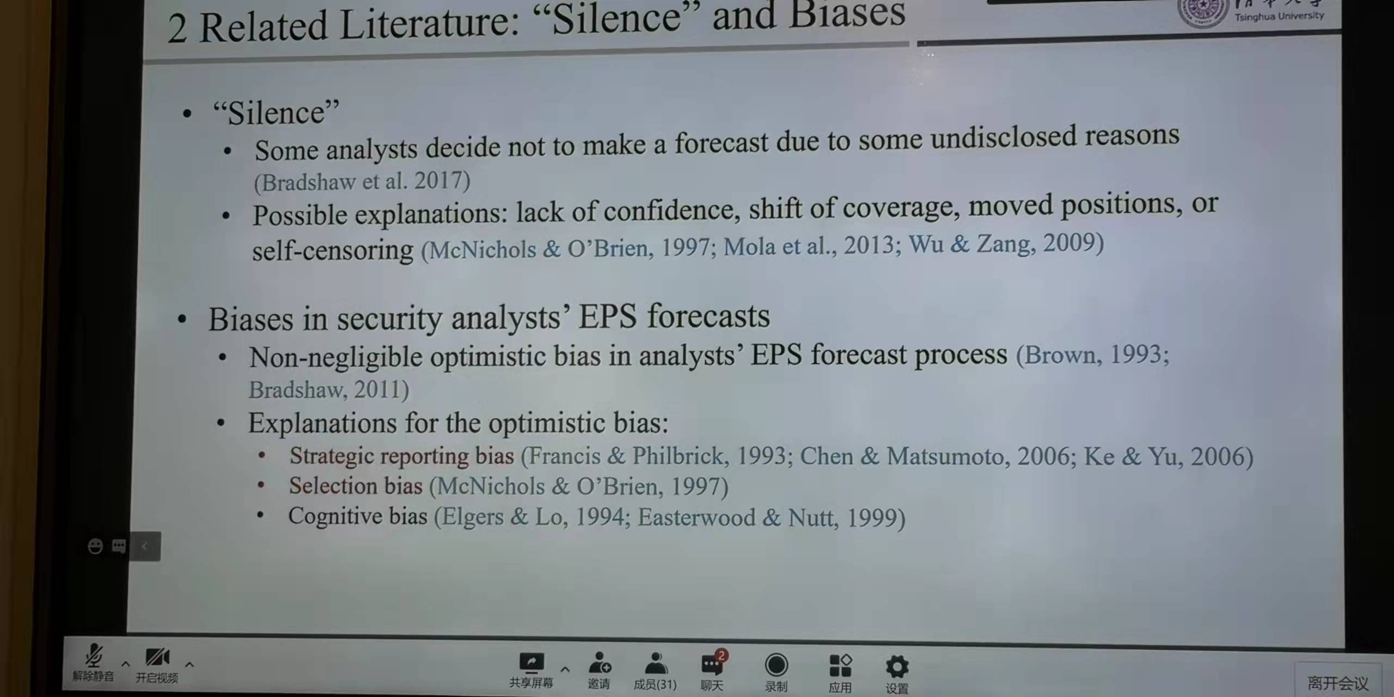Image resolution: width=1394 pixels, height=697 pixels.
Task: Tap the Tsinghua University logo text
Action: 1279,16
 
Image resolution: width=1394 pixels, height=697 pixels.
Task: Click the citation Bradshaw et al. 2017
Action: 362,181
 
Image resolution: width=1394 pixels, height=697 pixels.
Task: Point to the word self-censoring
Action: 333,250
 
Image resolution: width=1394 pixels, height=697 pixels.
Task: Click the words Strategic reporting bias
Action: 401,456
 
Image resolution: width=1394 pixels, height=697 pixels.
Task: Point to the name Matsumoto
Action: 947,456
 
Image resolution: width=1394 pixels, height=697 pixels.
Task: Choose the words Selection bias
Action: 356,486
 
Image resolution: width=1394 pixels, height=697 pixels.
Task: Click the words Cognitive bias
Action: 358,516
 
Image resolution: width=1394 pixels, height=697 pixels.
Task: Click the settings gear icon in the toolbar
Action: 897,667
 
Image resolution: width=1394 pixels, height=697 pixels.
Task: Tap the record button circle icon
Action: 776,665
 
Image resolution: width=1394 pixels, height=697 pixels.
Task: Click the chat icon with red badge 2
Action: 712,663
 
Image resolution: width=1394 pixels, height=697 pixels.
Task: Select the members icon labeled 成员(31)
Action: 656,664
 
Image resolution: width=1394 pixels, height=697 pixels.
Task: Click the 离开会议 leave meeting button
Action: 1337,683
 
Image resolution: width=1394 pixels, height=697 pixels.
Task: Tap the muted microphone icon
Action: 94,656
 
